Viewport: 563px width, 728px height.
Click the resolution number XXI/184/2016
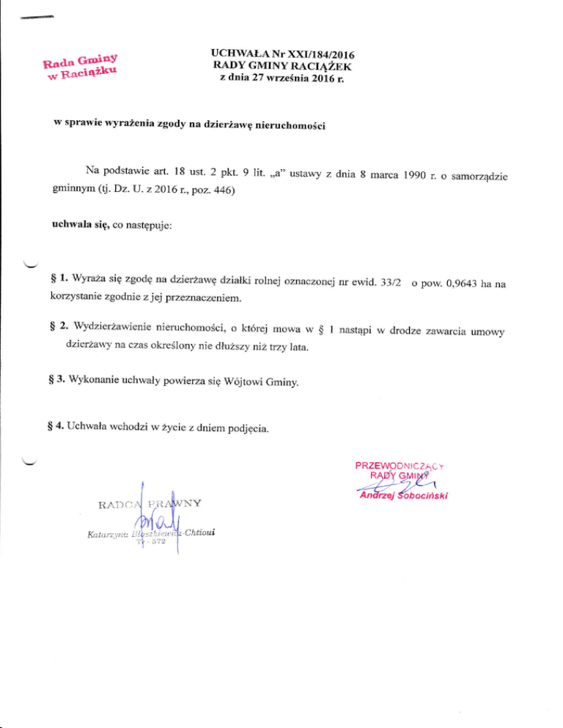point(323,54)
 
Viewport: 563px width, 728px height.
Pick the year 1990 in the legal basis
point(396,173)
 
